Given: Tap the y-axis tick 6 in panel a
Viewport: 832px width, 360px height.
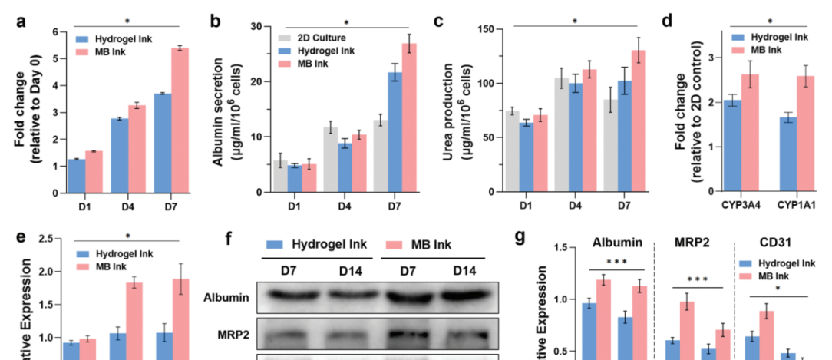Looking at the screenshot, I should pos(54,32).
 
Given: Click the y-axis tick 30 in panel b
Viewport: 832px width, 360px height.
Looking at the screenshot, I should pos(257,26).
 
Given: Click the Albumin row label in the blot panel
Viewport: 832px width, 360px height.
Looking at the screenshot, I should pos(230,296).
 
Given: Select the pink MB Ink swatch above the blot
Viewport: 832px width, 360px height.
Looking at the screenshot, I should pos(394,244).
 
